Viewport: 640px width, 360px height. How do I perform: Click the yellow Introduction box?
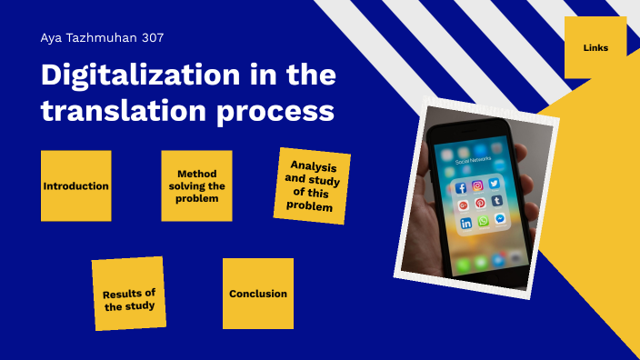click(75, 185)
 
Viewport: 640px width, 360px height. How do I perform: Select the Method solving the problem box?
click(196, 185)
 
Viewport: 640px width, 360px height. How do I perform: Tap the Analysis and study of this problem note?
click(312, 185)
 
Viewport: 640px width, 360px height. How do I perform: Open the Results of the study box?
click(128, 294)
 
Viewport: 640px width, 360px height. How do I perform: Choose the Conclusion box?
click(258, 294)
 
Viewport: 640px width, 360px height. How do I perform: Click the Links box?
click(595, 47)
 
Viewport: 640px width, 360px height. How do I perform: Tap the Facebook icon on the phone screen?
click(460, 187)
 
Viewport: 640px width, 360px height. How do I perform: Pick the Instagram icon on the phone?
click(478, 185)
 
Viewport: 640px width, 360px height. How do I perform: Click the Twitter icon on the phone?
click(495, 184)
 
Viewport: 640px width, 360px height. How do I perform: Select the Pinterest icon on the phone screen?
click(480, 204)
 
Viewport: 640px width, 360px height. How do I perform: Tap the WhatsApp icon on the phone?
click(483, 221)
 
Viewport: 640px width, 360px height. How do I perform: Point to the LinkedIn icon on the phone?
click(465, 223)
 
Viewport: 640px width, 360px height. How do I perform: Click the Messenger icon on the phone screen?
click(500, 219)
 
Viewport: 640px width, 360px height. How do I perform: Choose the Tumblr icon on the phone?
click(497, 201)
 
